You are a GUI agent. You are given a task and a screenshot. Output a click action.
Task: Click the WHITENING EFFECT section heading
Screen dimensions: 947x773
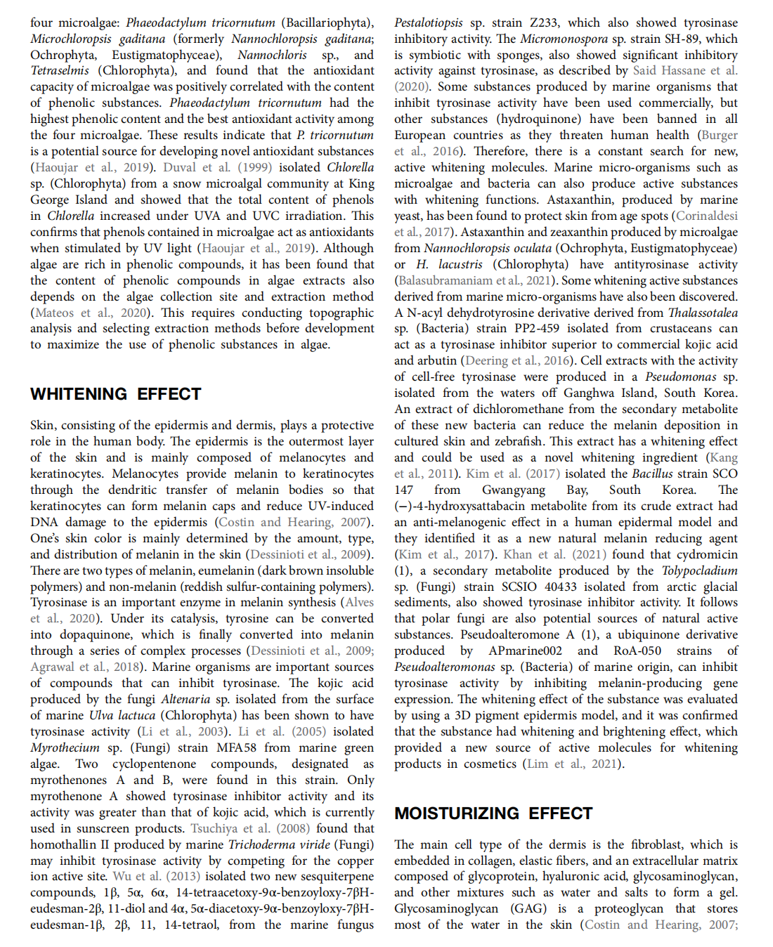pyautogui.click(x=116, y=394)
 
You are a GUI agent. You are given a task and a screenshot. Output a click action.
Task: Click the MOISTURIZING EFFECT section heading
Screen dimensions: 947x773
pyautogui.click(x=493, y=814)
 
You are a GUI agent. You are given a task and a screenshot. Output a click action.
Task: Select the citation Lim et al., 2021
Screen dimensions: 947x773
pyautogui.click(x=573, y=764)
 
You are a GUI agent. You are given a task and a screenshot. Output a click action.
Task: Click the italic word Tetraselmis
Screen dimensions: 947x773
pyautogui.click(x=60, y=70)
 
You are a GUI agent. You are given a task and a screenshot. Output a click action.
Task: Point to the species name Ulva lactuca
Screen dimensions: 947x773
pyautogui.click(x=122, y=715)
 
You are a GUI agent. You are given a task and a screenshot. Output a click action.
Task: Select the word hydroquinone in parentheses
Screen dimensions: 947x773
pyautogui.click(x=554, y=119)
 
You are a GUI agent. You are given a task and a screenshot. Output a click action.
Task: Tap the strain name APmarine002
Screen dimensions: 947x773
pyautogui.click(x=526, y=651)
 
